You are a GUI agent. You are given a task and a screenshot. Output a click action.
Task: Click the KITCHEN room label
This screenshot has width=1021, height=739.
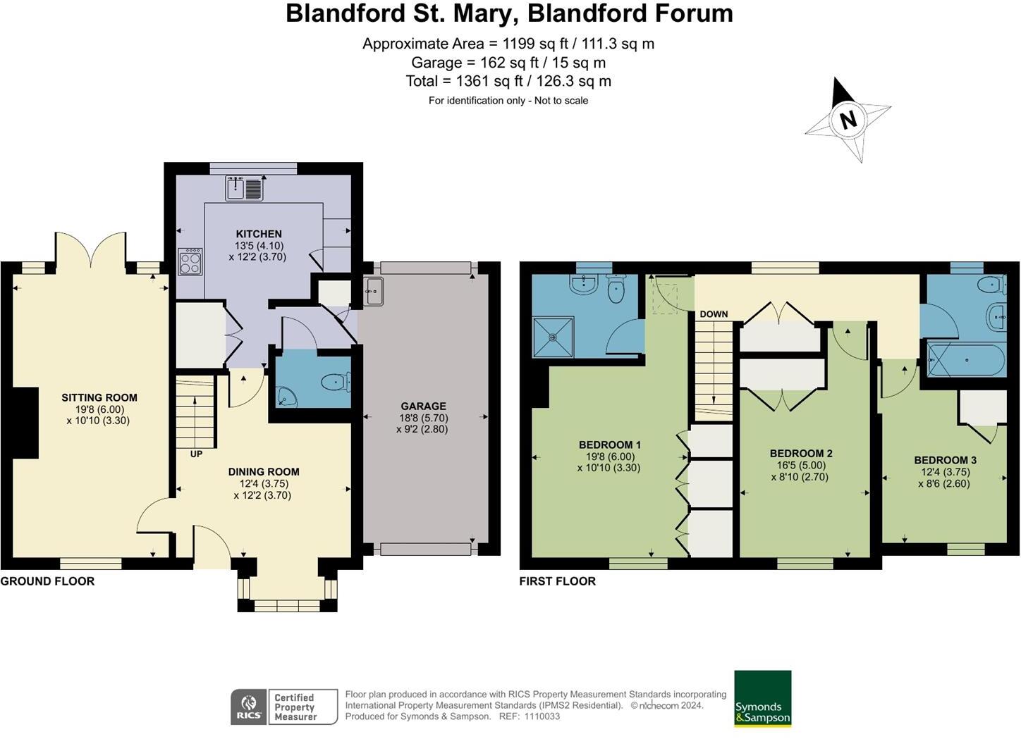click(x=258, y=234)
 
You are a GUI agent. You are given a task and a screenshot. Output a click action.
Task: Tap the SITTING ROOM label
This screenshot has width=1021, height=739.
click(x=99, y=397)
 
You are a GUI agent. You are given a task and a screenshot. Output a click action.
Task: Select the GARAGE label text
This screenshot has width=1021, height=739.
click(x=423, y=406)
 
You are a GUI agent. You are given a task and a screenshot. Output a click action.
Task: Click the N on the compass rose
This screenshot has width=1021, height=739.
click(x=848, y=120)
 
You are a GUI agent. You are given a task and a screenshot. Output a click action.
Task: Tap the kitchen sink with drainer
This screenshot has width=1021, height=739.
click(x=244, y=189)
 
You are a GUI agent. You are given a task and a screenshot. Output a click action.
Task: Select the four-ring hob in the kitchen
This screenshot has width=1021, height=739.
click(x=190, y=263)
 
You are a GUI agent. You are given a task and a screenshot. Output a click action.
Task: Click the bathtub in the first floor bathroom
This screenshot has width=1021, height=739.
click(x=965, y=360)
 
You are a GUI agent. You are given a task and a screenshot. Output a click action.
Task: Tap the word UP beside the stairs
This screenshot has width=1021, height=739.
click(x=196, y=454)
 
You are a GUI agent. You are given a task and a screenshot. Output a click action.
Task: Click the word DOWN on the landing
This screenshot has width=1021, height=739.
click(x=714, y=314)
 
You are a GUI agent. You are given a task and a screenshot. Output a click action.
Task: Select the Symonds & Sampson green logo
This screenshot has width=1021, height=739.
click(x=762, y=698)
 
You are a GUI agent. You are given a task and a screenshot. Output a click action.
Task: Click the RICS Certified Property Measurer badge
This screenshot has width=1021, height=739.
click(x=284, y=707)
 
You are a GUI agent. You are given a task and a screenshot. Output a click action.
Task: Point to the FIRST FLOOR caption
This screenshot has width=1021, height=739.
click(x=557, y=581)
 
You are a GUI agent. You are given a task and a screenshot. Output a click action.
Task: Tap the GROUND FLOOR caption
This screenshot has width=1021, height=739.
click(x=47, y=581)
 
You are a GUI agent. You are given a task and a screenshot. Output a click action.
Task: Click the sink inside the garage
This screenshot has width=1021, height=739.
click(x=373, y=291)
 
